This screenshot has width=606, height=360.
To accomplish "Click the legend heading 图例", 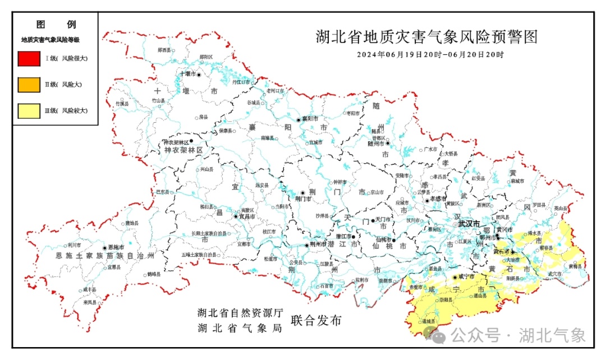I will click(56, 25).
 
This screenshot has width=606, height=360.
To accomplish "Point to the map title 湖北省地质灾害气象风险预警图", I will click(426, 37).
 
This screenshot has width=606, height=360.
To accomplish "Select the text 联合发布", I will click(316, 321).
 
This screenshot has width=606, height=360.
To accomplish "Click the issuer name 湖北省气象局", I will click(238, 329).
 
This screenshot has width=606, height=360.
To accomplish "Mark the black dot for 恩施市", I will click(104, 247).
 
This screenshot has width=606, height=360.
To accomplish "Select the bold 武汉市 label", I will click(469, 223).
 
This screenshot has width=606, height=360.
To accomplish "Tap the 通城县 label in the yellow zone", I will click(429, 321).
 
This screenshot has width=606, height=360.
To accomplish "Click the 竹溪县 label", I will click(122, 104).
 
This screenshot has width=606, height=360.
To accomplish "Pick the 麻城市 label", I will click(517, 181).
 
